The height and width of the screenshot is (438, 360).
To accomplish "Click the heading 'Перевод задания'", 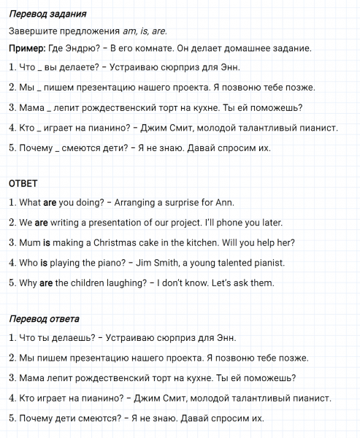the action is (50, 14).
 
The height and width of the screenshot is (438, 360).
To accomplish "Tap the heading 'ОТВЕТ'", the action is (23, 183).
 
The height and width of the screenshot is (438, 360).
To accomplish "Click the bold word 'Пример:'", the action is (28, 48).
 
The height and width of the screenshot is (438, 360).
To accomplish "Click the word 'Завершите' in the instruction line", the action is (33, 31).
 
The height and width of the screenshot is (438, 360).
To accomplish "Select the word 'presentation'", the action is (115, 223).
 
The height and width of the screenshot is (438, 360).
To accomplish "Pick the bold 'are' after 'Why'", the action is (45, 283).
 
